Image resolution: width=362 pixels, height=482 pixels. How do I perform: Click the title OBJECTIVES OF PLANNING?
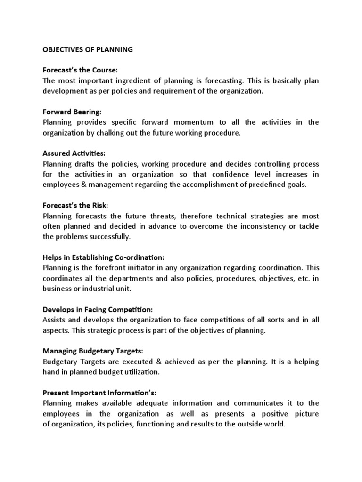click(x=88, y=49)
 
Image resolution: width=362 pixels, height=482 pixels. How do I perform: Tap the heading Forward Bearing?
click(x=72, y=112)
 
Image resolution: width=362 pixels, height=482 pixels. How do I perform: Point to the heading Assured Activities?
click(x=74, y=153)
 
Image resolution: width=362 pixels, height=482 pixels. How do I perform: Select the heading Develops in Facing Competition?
click(x=98, y=309)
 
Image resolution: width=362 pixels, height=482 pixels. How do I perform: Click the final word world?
click(x=275, y=424)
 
